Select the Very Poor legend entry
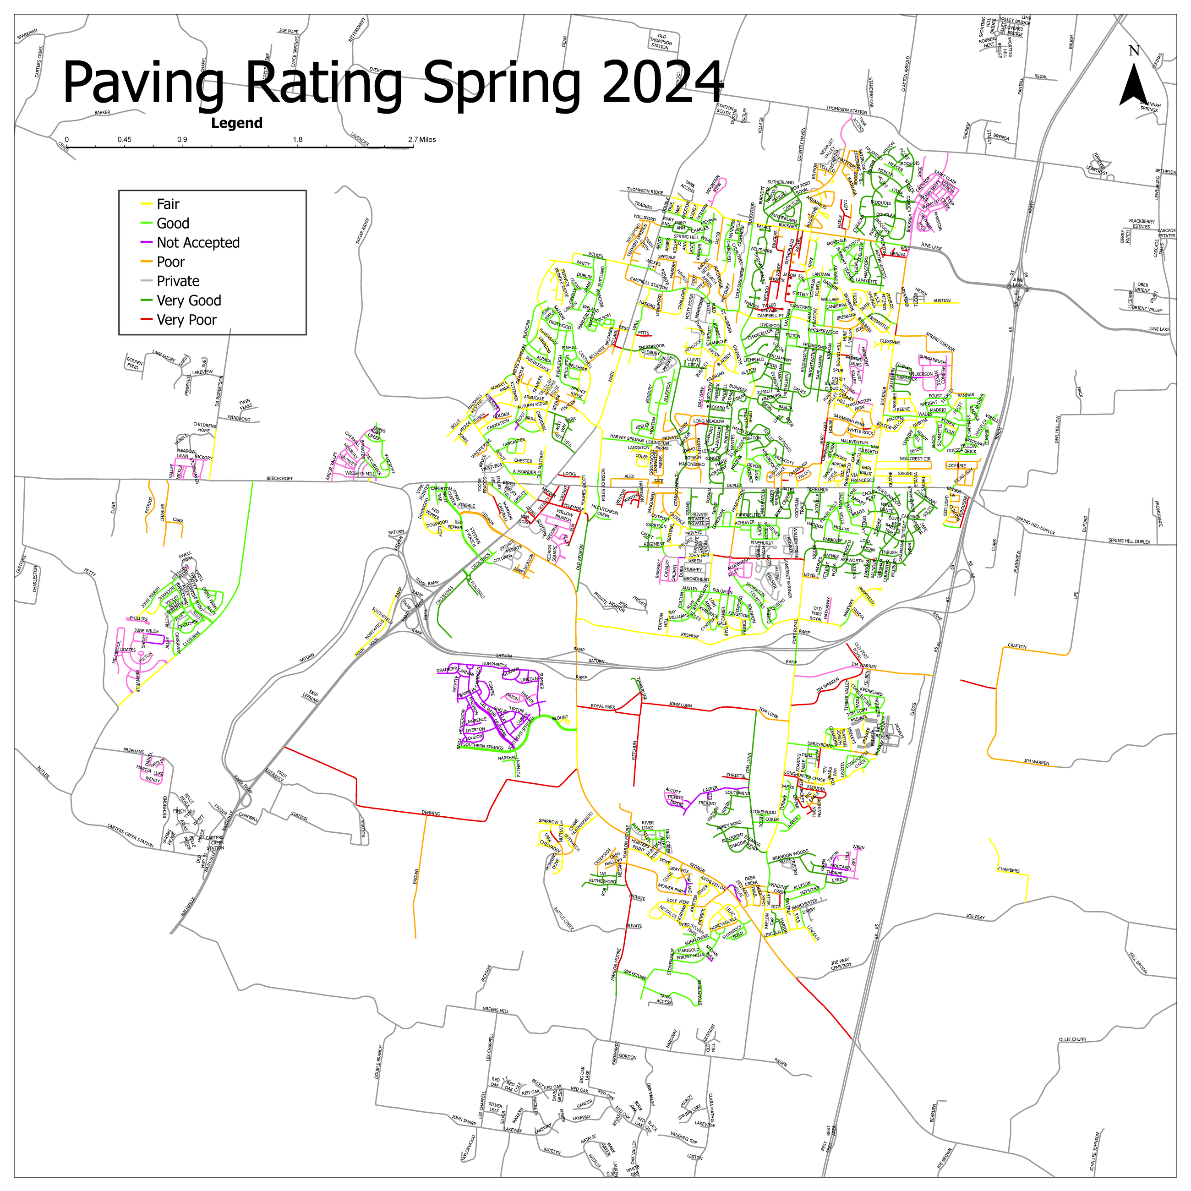[186, 320]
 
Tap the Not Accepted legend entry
[198, 243]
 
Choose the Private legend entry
[178, 281]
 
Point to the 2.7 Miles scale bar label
[422, 139]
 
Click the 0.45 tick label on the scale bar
[125, 139]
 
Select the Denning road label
[431, 813]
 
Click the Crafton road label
[1016, 646]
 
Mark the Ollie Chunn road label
[1073, 1039]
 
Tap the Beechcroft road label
[279, 478]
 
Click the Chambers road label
[1009, 870]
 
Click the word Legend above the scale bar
[237, 123]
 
